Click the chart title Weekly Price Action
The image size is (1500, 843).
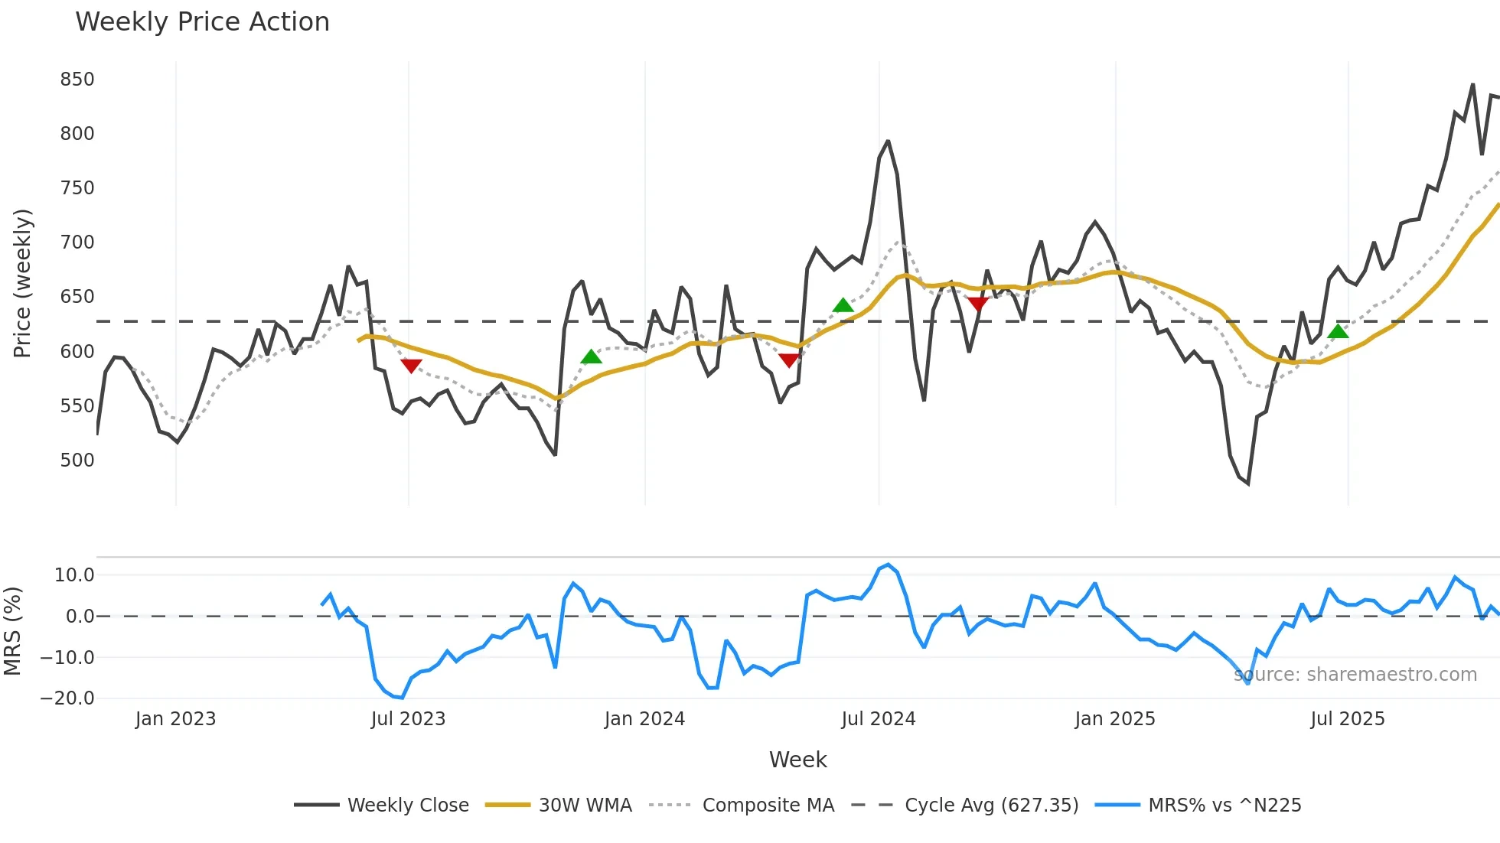[x=202, y=22]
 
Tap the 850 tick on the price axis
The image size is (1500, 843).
[x=77, y=80]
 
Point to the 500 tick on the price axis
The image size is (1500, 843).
[x=77, y=461]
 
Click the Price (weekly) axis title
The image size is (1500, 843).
[x=23, y=283]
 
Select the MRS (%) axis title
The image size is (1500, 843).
[x=12, y=631]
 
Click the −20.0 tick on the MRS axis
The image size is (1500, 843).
[x=67, y=698]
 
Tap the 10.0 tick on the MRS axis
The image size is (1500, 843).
[x=74, y=575]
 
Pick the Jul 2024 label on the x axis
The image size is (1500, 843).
[x=878, y=719]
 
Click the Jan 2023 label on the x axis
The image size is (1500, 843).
[x=175, y=719]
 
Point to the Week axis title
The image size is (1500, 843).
[x=797, y=760]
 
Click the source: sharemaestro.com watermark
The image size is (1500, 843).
[x=1355, y=675]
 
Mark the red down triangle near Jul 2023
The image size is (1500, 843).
[x=411, y=366]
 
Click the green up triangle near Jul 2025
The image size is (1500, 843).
[x=1338, y=331]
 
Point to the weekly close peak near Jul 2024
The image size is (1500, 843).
[x=888, y=142]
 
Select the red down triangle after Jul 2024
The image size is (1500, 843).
[x=977, y=304]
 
